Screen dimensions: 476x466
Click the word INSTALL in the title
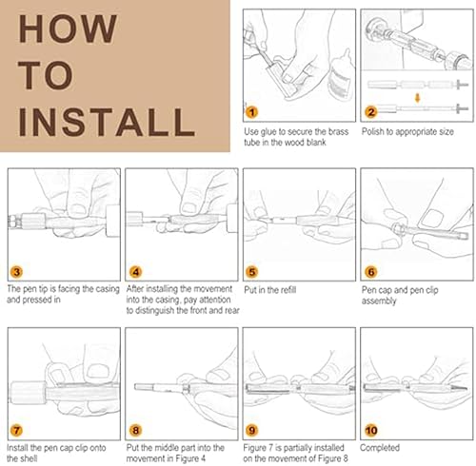coord(107,122)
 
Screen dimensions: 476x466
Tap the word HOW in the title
coord(68,29)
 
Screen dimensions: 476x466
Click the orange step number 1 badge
coord(252,112)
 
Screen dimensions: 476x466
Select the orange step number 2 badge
coord(370,112)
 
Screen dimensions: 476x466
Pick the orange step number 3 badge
coord(16,272)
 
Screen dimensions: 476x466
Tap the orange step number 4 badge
coord(135,272)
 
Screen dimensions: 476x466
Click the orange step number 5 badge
coord(252,272)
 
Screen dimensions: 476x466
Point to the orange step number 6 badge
coord(370,272)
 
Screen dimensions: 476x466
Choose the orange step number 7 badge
coord(16,431)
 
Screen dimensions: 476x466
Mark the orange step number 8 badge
coord(135,431)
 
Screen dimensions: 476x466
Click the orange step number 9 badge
coord(252,431)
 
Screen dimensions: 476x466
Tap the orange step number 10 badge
coord(370,431)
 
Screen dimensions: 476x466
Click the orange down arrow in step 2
coord(418,98)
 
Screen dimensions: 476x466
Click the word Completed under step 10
coord(380,448)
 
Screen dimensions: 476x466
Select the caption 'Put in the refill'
coord(270,290)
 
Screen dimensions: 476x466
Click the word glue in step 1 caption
coord(268,132)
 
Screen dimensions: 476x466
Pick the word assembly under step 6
coord(379,301)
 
